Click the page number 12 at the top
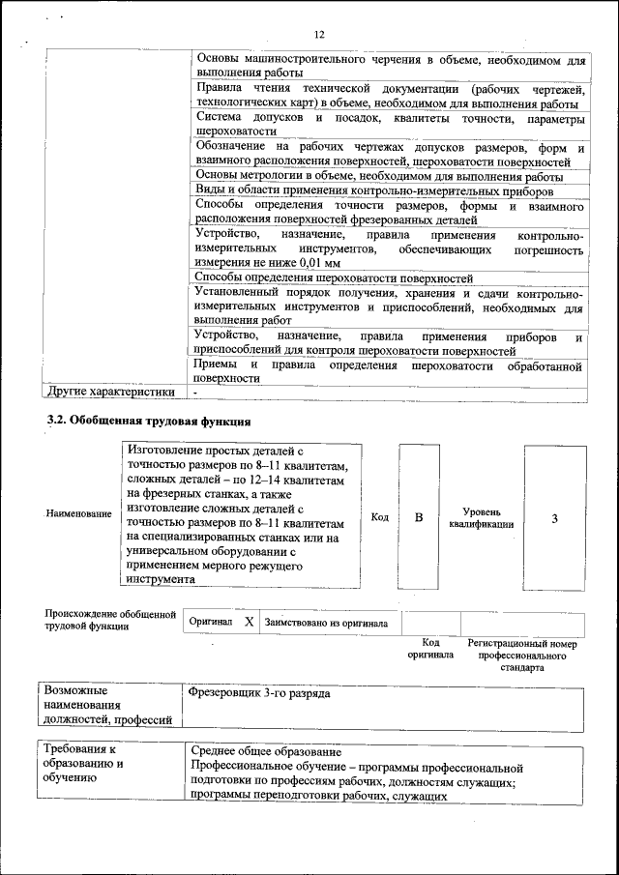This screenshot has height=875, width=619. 318,36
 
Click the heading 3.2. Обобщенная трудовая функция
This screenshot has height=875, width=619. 150,421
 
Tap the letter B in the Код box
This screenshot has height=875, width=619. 419,518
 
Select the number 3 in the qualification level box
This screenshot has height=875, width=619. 554,518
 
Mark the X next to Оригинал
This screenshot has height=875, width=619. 249,623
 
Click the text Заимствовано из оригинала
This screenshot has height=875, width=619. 326,624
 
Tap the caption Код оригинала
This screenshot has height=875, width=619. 430,648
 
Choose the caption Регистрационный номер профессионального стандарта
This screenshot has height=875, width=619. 522,655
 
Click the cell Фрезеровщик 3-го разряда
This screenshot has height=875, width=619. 261,694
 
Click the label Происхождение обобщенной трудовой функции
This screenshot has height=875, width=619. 110,620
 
